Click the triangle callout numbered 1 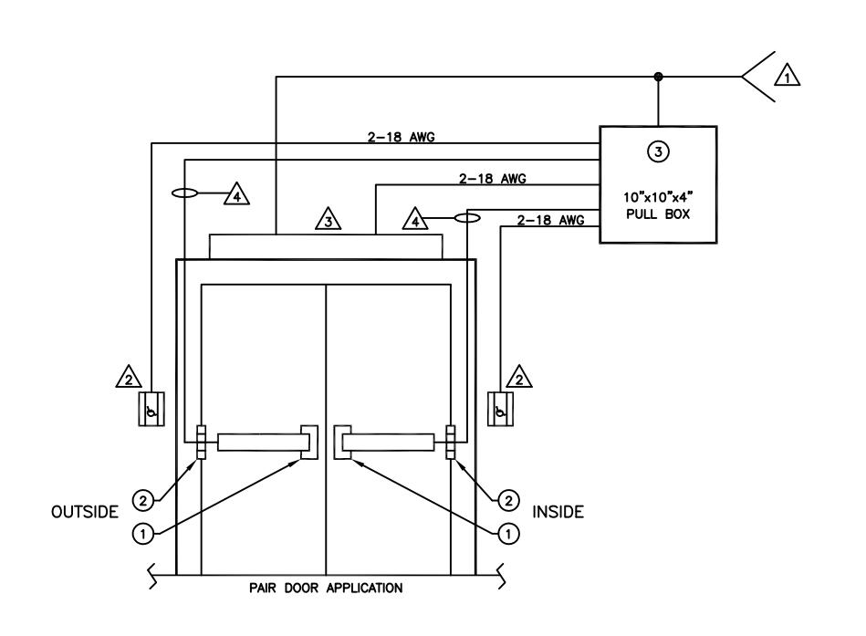(x=787, y=76)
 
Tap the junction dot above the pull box (x=658, y=77)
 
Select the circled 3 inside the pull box (x=658, y=151)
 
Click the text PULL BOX (x=658, y=214)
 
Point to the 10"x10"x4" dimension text (x=658, y=197)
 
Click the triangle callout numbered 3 (x=329, y=220)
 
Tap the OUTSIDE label (x=85, y=512)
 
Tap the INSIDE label (x=558, y=512)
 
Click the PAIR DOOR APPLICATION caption (x=326, y=588)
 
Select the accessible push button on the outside (x=151, y=409)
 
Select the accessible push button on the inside (x=500, y=409)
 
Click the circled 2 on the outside (x=143, y=501)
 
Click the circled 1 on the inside (x=508, y=534)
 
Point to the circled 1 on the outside (x=143, y=534)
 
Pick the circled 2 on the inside (x=508, y=501)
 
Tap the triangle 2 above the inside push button (x=519, y=378)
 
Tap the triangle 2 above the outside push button (x=130, y=378)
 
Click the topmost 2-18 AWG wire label (x=401, y=137)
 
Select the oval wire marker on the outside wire (x=184, y=193)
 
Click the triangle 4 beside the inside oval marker (x=415, y=220)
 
